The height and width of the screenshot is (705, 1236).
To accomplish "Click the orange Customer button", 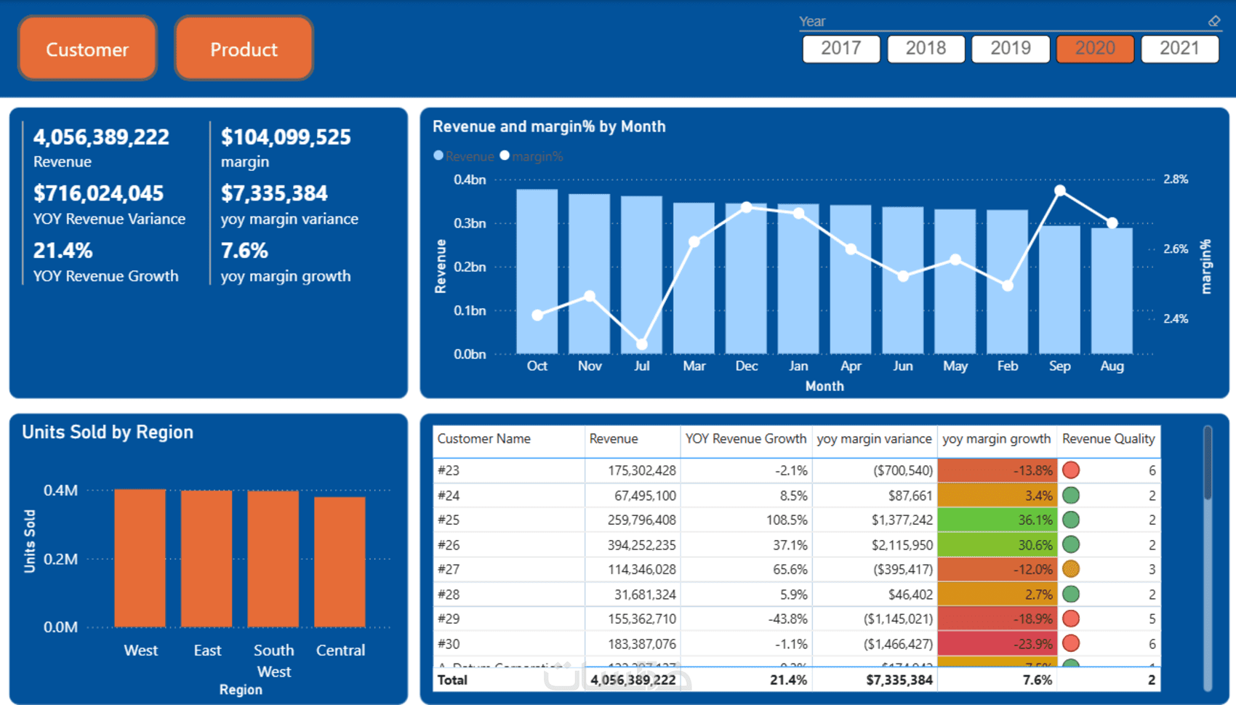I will [87, 49].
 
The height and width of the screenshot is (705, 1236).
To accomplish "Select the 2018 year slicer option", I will [926, 49].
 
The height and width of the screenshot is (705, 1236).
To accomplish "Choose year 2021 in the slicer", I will [1179, 49].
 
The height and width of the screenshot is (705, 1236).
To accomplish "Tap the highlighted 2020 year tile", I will [1094, 49].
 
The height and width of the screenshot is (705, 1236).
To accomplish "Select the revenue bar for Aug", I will [1112, 291].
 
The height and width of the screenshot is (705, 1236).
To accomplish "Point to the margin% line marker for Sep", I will [1060, 190].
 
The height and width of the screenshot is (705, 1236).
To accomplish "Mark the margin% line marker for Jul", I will [642, 344].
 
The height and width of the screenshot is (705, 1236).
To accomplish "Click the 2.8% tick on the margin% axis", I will [1176, 180].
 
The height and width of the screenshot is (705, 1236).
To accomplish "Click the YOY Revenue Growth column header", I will [745, 439].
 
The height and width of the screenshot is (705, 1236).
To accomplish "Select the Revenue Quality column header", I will [1107, 439].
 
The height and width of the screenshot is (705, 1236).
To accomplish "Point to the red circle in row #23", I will [1070, 470].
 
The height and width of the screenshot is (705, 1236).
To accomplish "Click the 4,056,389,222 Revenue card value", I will [101, 137].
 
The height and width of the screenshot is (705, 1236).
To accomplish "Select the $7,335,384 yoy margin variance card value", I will [274, 193].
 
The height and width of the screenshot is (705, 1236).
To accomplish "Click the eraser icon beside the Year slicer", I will [1214, 22].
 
